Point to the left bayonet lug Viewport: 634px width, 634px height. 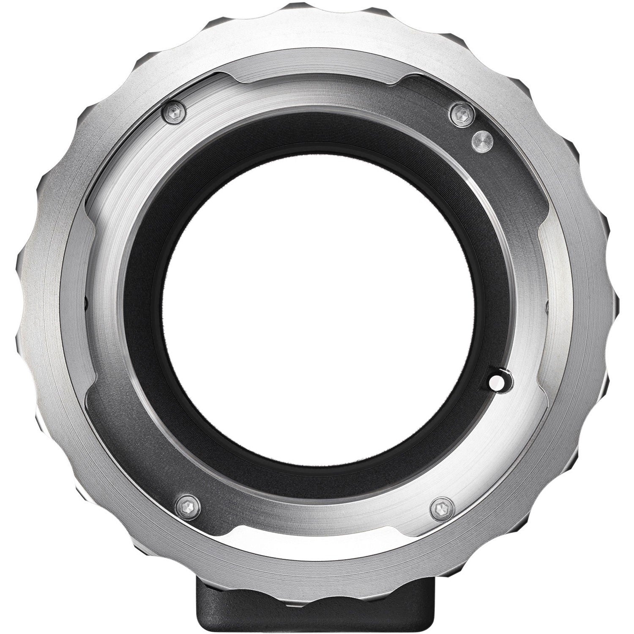[x=91, y=304]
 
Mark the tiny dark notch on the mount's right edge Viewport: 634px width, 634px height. [x=548, y=303]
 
